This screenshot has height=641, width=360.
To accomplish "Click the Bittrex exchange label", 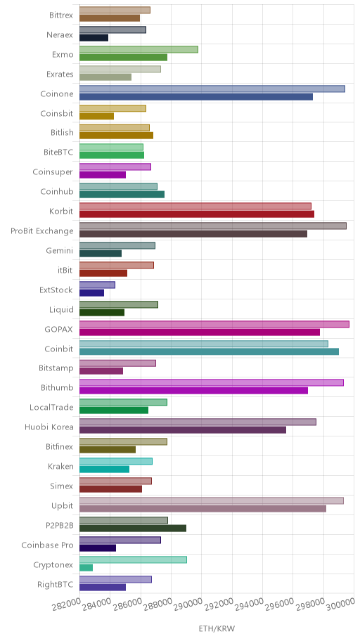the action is [x=61, y=15].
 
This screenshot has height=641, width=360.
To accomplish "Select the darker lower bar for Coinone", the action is [x=196, y=97].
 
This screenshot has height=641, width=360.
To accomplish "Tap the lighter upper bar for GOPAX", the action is [x=214, y=324].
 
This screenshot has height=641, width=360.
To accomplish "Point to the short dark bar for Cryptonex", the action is [x=86, y=568].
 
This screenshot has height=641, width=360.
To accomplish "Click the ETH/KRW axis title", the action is [x=217, y=629].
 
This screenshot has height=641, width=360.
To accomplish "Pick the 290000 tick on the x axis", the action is [x=187, y=608].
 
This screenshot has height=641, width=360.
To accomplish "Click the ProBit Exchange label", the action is [x=42, y=231].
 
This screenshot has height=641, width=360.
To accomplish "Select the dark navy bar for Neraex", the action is [x=94, y=38].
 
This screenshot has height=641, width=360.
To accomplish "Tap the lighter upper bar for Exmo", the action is [x=139, y=49].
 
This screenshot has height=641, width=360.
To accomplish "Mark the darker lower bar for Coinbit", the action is [x=209, y=351].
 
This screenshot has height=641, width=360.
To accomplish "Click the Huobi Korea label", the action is [x=49, y=427].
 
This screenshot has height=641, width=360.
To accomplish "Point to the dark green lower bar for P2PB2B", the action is [x=133, y=528].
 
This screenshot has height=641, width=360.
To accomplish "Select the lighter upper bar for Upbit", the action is [x=212, y=500].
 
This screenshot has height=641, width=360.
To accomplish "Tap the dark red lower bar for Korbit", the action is [x=197, y=214].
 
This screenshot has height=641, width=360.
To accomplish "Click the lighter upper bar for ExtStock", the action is [x=97, y=285].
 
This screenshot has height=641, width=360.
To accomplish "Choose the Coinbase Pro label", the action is [x=47, y=545].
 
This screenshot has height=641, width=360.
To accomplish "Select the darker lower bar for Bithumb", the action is [x=193, y=390].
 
